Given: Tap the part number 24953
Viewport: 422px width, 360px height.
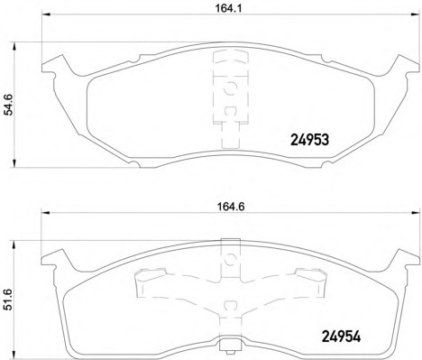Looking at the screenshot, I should tap(309, 140).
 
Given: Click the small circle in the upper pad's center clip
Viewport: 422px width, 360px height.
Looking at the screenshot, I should tap(227, 88).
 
